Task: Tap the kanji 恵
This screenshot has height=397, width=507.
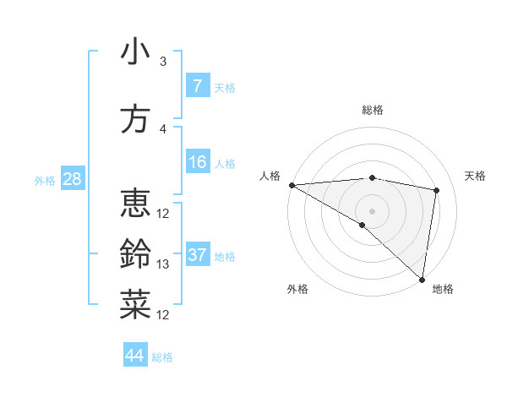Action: pos(135,204)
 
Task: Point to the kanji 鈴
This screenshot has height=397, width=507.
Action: pos(135,254)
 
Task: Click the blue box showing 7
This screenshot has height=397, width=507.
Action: pos(198,86)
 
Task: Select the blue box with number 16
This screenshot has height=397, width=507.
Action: pos(198,162)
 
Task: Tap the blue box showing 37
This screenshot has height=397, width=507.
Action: pos(198,255)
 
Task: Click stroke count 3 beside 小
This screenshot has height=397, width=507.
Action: pos(163,62)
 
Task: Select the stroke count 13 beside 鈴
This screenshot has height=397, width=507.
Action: pos(163,264)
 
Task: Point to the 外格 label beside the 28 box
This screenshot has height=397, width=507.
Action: pos(45,180)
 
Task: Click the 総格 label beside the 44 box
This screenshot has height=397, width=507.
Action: pos(162,357)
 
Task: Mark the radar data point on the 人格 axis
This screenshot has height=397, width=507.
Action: pos(292,185)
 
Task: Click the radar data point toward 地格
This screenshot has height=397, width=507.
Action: pos(422,280)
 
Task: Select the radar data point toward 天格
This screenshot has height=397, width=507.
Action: pos(437,190)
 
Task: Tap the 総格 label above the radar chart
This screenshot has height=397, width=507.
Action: pos(372,110)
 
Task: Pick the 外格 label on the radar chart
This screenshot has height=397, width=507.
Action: pos(297,289)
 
